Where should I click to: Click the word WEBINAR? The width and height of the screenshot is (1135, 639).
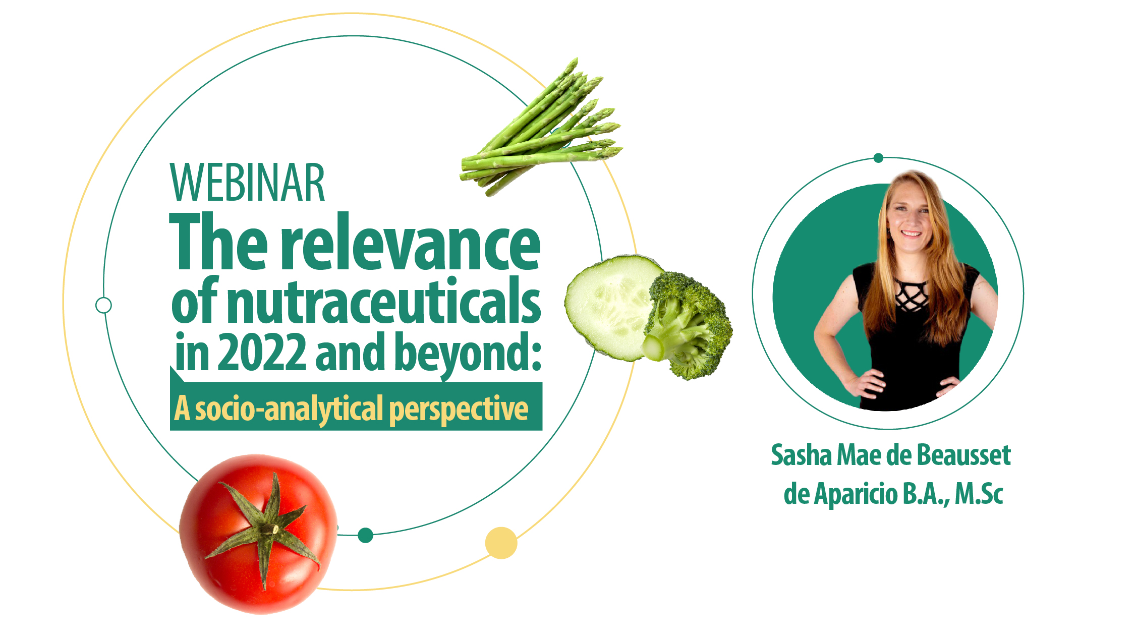pyautogui.click(x=247, y=183)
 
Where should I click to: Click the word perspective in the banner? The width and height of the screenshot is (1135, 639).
pyautogui.click(x=459, y=410)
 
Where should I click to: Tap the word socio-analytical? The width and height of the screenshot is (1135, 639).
pyautogui.click(x=290, y=409)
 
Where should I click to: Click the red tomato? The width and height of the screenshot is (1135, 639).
pyautogui.click(x=258, y=534)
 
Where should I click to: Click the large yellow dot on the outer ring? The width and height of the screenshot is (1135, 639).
pyautogui.click(x=501, y=543)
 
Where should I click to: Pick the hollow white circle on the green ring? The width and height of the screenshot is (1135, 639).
pyautogui.click(x=103, y=305)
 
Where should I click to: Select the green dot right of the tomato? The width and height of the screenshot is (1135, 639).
pyautogui.click(x=365, y=535)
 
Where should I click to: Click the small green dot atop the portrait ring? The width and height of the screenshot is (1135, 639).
pyautogui.click(x=878, y=158)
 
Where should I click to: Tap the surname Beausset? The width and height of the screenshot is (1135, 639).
pyautogui.click(x=964, y=455)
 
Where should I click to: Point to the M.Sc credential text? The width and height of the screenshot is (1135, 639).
pyautogui.click(x=979, y=494)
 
